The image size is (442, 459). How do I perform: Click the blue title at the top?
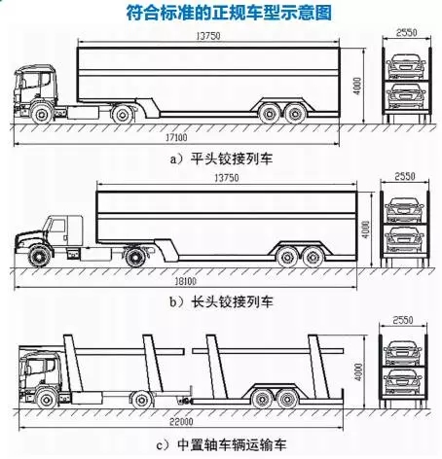point(229,14)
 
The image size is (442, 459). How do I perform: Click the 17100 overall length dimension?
point(176,138)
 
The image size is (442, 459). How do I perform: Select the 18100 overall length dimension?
point(186,281)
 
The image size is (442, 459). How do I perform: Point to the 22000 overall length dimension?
point(181,422)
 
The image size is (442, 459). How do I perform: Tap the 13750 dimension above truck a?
point(208,36)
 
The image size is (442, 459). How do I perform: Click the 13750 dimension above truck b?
point(227,178)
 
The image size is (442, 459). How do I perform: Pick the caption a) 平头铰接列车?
point(221,159)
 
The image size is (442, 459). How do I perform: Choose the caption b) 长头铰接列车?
point(221,302)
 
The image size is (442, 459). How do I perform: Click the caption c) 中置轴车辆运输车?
point(221,444)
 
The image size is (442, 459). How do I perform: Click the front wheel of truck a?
point(42,114)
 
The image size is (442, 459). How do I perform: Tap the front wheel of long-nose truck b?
point(40,256)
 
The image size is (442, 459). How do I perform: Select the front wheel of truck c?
point(47,399)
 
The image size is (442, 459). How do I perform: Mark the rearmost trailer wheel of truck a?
point(295,113)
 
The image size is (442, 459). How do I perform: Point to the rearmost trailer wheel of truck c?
point(287,399)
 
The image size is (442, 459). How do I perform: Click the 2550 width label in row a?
point(406,32)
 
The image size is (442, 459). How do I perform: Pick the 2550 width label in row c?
point(403,320)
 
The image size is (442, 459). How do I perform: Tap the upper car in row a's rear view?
point(406,66)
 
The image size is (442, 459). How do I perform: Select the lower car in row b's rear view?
point(404,239)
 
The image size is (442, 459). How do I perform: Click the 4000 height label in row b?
point(365,229)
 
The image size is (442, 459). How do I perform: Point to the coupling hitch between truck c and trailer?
point(184,401)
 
